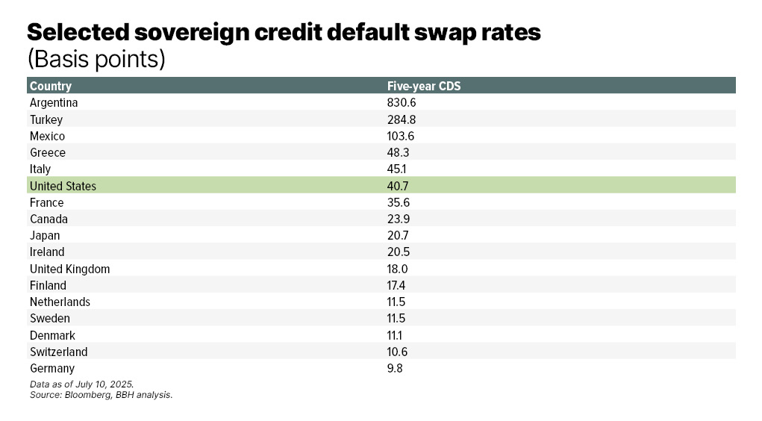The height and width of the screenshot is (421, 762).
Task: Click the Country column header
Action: point(51,86)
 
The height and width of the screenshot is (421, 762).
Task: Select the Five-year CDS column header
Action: point(424,86)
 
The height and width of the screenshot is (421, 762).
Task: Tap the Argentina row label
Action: point(54,103)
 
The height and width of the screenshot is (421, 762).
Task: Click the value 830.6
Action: point(401,103)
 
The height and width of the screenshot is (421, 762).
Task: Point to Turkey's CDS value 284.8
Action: point(402,119)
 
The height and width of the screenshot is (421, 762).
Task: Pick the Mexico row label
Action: point(47,136)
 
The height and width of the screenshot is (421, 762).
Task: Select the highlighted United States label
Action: point(63,186)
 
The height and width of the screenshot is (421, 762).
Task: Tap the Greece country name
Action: point(48,152)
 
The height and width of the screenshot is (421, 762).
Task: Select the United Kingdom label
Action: point(69,269)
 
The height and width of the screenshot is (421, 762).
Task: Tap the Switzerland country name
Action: point(58,352)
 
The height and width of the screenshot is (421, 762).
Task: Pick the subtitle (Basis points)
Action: point(96,59)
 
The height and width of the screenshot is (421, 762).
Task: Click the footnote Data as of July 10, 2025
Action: point(81,384)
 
